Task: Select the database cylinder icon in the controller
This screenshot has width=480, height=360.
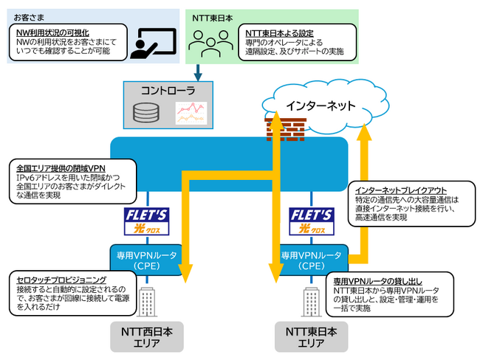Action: [x=145, y=113]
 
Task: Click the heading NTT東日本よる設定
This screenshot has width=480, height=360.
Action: [x=278, y=32]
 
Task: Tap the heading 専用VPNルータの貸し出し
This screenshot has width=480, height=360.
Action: [x=378, y=283]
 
